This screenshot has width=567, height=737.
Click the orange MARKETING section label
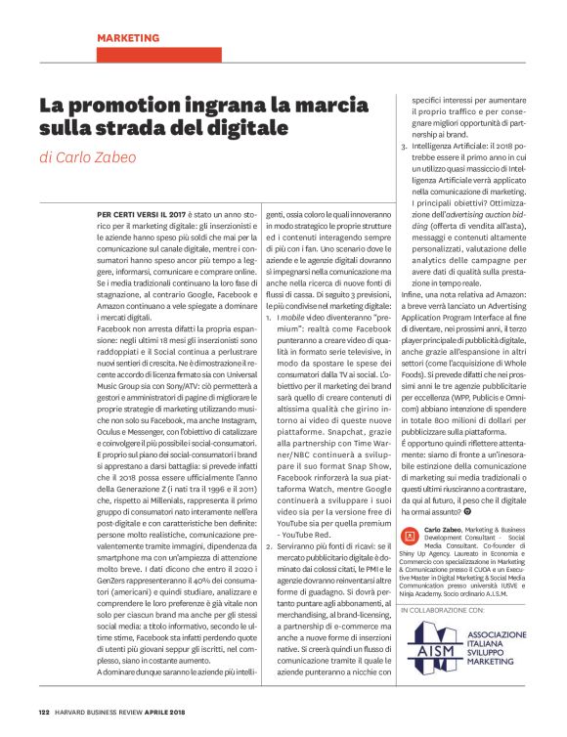(x=128, y=37)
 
